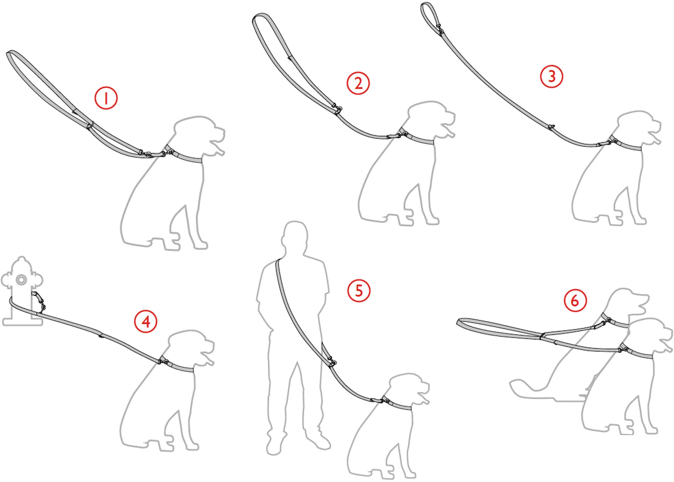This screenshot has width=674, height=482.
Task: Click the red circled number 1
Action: pos(106,98)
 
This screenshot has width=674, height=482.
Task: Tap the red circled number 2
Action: pos(358,83)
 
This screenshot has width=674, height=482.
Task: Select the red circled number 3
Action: pos(552,76)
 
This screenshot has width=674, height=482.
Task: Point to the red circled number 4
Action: pos(146,322)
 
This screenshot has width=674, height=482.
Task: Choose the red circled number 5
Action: pos(359,290)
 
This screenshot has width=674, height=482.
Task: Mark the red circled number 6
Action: pos(575,301)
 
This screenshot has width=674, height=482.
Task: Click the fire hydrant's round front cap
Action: pos(22,280)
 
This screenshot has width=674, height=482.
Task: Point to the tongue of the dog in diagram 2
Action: pos(449,132)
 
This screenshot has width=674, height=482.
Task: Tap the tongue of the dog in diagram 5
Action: pos(424,398)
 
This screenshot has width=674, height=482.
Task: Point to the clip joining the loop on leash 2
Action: pos(337,108)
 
